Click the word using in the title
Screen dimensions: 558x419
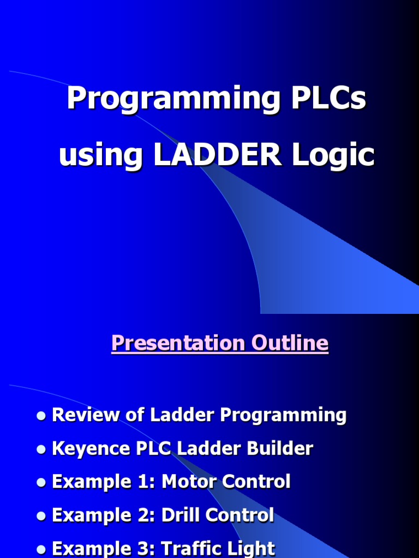pos(100,155)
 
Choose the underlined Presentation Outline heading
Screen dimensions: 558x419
pos(220,343)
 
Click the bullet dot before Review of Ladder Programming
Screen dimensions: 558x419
pos(41,416)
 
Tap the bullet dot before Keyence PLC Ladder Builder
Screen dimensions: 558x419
pos(41,450)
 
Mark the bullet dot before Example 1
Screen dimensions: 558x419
pos(41,483)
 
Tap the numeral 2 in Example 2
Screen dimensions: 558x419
pos(144,515)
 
